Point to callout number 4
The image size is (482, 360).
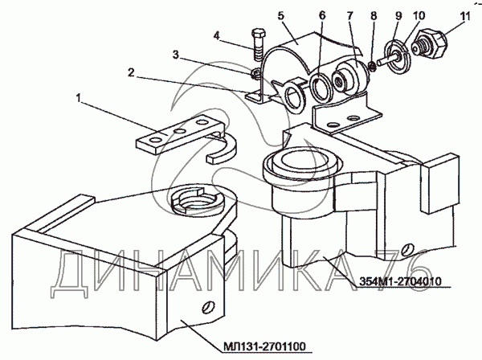click(x=217, y=35)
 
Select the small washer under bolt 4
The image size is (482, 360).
click(x=255, y=75)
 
